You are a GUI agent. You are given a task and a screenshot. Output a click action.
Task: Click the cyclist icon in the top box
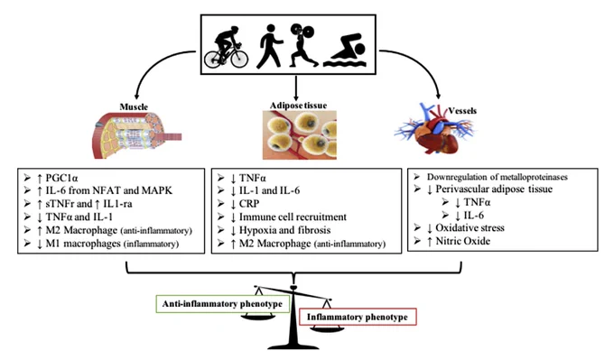(226, 47)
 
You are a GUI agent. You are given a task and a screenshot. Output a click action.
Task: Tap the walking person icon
(269, 46)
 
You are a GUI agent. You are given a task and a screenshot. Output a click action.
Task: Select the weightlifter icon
(302, 45)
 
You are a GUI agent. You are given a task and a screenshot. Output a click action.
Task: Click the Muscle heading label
(134, 106)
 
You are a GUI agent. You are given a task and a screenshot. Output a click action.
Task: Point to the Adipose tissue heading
(298, 106)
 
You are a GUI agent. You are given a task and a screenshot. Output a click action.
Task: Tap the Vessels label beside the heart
(462, 111)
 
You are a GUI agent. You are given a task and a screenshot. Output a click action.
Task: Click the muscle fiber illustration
(137, 135)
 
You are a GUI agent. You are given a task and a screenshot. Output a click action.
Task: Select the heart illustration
(434, 130)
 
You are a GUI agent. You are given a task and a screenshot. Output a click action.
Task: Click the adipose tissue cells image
(300, 135)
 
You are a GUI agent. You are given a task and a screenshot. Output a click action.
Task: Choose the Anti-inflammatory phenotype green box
(222, 304)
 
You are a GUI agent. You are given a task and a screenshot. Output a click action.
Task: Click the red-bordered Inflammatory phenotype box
(358, 317)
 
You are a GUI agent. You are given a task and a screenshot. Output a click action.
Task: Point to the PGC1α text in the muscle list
(62, 178)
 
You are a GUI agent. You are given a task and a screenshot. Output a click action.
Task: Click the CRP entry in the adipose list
(249, 204)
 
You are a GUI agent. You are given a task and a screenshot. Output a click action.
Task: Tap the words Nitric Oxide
(463, 241)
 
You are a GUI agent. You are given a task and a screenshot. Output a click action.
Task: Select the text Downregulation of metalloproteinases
(497, 177)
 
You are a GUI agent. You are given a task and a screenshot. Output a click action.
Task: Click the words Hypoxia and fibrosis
(284, 230)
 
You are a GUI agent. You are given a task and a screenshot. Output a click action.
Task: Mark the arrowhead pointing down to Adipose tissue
(295, 97)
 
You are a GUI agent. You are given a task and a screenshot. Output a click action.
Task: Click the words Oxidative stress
(470, 227)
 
